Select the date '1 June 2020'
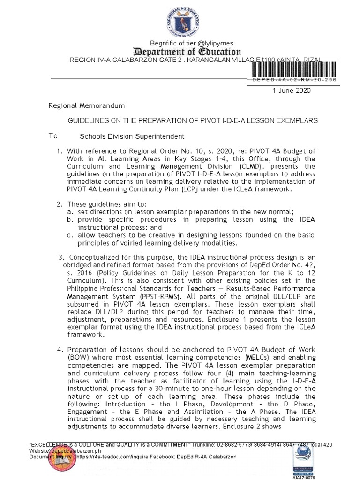pos(291,90)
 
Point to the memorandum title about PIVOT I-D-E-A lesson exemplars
pos(193,120)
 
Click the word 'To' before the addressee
pos(53,136)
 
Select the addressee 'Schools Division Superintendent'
pos(125,136)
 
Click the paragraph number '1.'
pos(60,151)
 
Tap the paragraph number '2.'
pos(60,204)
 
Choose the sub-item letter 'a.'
pos(70,212)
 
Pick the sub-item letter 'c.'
pos(70,235)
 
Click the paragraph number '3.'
pos(61,257)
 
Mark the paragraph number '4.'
pos(60,350)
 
